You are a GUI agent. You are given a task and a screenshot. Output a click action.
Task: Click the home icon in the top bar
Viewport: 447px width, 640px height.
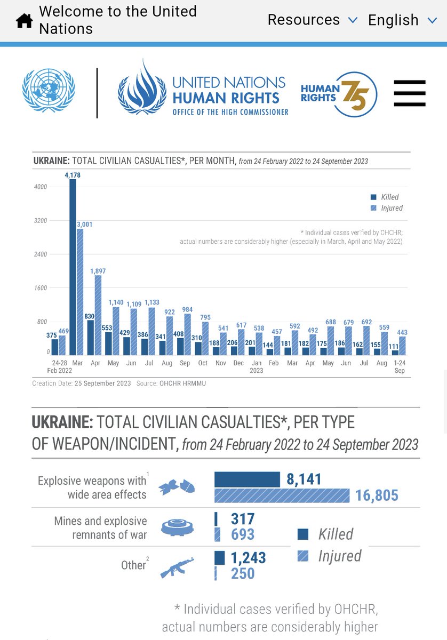tap(24, 20)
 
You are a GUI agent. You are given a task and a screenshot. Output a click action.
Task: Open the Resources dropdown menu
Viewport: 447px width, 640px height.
tap(312, 20)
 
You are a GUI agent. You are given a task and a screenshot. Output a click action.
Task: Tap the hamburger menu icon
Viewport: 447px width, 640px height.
tap(410, 94)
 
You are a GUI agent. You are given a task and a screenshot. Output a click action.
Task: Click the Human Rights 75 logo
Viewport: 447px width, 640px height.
tap(339, 94)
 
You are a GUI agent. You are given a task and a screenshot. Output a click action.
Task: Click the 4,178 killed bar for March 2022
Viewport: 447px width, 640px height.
tap(73, 267)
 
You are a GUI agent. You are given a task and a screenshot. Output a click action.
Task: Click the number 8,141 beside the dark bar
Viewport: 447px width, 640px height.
tap(304, 479)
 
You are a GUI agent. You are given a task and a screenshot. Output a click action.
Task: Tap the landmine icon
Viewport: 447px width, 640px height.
tap(177, 527)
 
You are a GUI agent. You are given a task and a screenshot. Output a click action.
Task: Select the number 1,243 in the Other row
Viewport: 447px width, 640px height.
tap(248, 558)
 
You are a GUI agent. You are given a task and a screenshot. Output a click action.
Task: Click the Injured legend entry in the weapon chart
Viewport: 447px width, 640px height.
tap(329, 556)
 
